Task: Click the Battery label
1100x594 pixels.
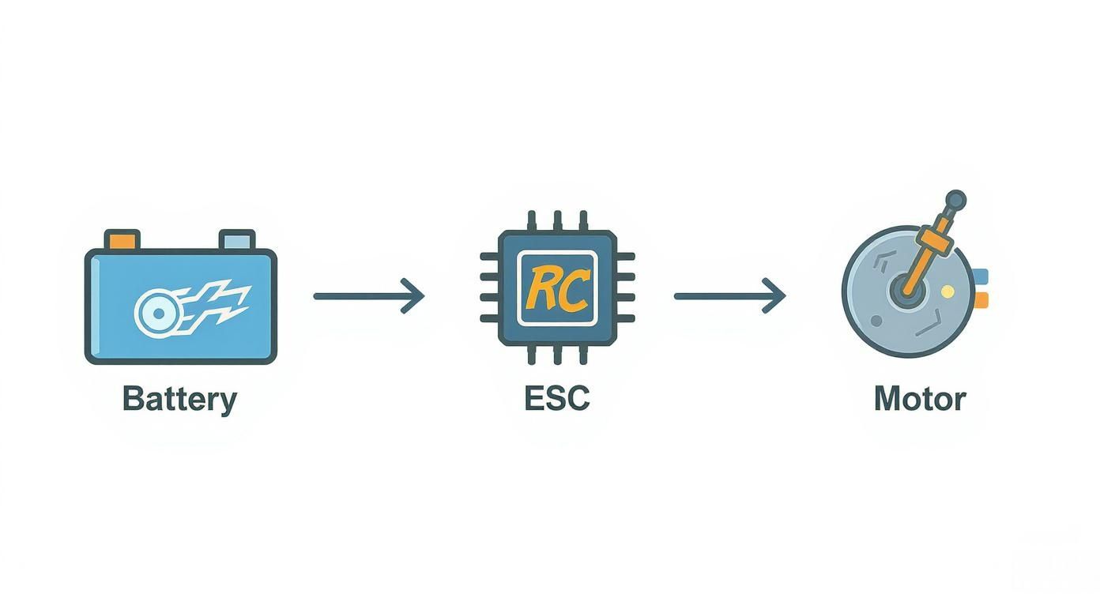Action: point(179,399)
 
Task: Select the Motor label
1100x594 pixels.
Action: point(920,399)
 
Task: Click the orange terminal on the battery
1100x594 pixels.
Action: point(122,239)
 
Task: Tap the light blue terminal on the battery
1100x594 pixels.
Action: point(237,239)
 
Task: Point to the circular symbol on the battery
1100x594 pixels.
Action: point(157,313)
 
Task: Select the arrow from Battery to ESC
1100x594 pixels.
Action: point(368,296)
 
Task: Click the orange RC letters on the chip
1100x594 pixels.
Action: point(556,288)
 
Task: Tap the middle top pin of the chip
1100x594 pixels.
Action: point(557,220)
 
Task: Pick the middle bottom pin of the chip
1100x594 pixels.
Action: point(557,355)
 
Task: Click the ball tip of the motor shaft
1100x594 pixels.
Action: point(955,200)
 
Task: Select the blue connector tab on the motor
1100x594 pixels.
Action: point(981,276)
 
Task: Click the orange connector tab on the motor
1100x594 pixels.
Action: point(981,299)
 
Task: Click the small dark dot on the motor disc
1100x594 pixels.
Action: point(876,321)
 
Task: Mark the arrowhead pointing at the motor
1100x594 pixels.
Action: point(778,296)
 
